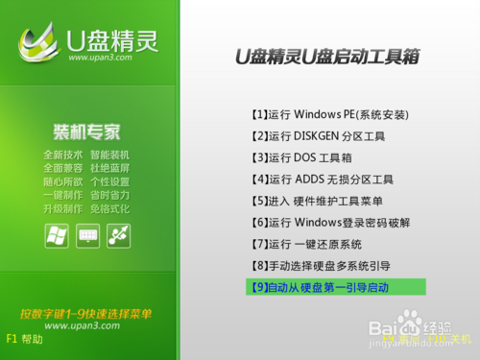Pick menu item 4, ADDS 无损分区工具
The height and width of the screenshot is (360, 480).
(320, 179)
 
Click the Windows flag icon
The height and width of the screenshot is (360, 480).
(57, 233)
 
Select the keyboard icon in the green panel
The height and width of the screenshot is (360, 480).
(87, 233)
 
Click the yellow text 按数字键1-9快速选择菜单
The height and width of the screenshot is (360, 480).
(86, 313)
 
